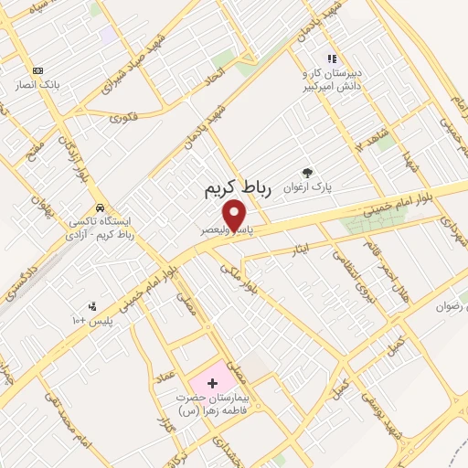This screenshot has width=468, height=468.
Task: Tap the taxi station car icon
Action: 99,207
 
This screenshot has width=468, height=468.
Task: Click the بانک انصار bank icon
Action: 37,70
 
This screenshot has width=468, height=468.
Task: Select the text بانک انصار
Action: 37,85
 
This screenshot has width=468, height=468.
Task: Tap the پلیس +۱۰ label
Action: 91,321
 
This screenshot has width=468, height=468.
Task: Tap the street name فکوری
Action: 124,116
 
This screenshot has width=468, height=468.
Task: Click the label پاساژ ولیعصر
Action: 229,232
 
